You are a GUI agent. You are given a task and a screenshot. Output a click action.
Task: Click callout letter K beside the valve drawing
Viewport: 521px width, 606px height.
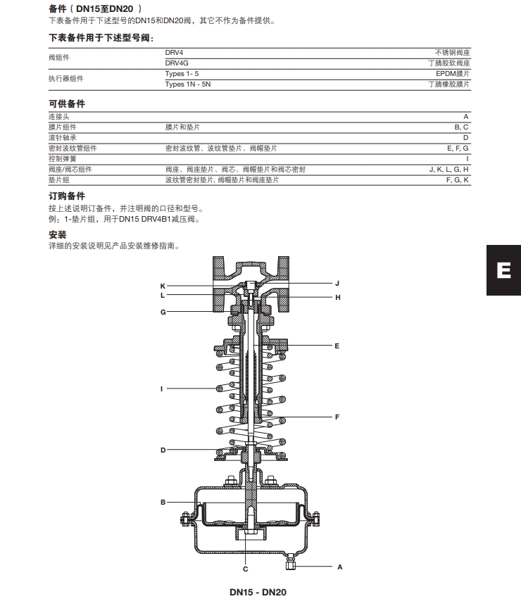click(163, 286)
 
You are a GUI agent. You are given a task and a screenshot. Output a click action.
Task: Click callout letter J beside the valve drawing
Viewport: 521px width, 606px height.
click(337, 283)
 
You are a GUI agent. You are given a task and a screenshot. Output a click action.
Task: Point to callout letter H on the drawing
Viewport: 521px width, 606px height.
click(337, 298)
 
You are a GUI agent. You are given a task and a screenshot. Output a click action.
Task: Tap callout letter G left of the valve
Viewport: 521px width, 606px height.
click(163, 312)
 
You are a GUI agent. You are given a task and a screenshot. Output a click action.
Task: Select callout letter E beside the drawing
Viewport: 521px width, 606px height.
click(337, 346)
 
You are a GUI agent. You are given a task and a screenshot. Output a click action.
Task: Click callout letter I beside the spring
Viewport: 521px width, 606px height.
click(163, 388)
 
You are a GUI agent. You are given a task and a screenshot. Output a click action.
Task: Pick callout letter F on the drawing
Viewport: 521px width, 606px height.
click(337, 417)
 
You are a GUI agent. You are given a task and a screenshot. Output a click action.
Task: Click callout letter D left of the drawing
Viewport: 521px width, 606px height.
click(163, 450)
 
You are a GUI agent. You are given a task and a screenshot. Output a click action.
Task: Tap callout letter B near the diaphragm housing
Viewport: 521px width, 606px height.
click(163, 502)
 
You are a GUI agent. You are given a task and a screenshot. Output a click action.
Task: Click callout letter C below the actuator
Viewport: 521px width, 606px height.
click(246, 568)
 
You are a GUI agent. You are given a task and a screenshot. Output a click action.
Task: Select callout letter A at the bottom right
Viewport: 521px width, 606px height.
click(340, 566)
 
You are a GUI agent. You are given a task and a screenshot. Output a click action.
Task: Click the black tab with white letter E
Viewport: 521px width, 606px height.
click(503, 270)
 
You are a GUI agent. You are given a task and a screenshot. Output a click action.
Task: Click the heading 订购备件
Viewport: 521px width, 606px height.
click(66, 196)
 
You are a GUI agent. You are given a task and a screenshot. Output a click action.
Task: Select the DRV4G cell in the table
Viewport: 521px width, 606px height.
click(177, 63)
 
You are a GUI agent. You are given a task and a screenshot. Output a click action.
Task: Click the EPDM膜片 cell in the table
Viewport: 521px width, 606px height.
click(452, 73)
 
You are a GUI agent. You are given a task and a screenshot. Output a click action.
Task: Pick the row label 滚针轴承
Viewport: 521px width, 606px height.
click(63, 138)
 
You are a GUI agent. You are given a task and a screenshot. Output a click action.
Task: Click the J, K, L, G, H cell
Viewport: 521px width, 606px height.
click(448, 170)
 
